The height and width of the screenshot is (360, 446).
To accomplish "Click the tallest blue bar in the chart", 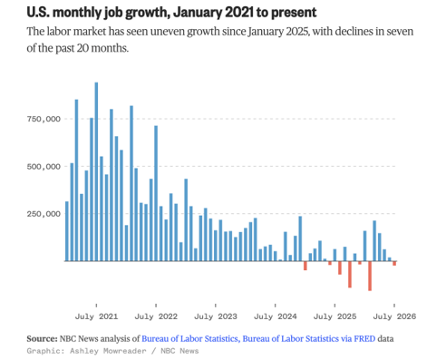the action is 96,171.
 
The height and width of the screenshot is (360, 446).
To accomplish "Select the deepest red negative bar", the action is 370,276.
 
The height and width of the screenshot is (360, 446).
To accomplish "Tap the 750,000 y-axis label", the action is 44,119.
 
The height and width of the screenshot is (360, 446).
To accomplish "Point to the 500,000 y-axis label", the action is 44,167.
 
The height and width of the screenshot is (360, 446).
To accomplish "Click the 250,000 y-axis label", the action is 44,214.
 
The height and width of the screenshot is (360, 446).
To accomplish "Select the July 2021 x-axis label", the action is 96,316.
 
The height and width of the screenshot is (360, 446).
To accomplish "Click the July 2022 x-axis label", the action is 156,316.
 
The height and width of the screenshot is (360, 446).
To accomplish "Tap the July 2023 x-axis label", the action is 216,316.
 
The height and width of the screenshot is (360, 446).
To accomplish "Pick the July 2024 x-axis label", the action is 276,316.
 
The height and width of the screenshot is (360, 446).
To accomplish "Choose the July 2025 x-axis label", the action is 334,316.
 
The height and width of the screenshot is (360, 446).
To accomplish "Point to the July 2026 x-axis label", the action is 394,316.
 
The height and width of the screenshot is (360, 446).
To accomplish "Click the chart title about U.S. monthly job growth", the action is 171,13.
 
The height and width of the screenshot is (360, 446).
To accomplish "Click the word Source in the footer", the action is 42,338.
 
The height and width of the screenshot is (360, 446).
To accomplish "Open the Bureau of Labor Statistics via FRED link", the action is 309,338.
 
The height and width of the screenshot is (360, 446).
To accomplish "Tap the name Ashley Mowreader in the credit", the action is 108,351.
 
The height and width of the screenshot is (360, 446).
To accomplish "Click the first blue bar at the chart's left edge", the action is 67,231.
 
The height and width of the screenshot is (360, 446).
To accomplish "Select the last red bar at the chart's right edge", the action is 394,263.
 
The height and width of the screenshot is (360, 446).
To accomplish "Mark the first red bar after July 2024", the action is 305,266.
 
